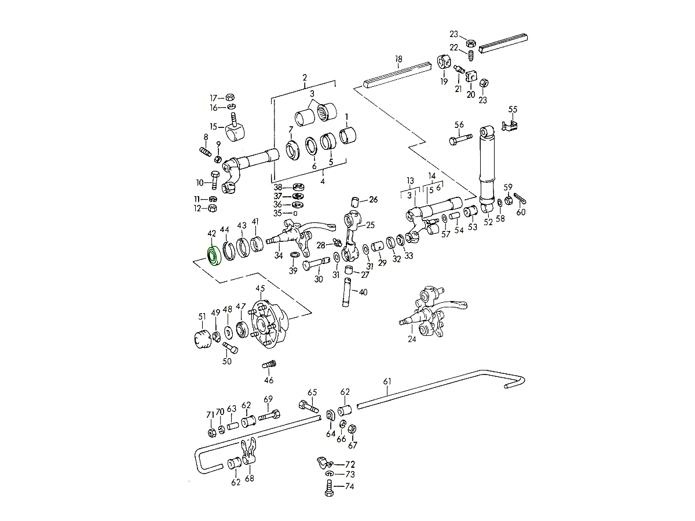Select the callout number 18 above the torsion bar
pos(398,59)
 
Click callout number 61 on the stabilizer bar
pos(387,381)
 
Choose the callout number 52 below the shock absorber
pos(488,222)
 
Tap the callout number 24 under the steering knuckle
pos(412,340)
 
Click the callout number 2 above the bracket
pos(305,78)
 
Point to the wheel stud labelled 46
pos(269,366)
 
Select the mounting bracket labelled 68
pos(250,454)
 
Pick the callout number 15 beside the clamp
pos(213,127)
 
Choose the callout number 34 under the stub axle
pos(279,255)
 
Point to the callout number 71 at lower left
pos(210,414)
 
